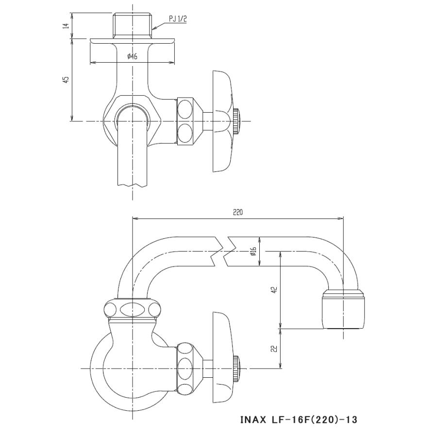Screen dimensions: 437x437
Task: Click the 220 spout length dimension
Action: (237, 212)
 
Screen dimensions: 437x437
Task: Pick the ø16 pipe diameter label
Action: (253, 251)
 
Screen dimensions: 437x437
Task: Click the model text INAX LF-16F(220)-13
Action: (298, 419)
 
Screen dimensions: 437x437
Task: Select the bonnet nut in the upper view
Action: (186, 121)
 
